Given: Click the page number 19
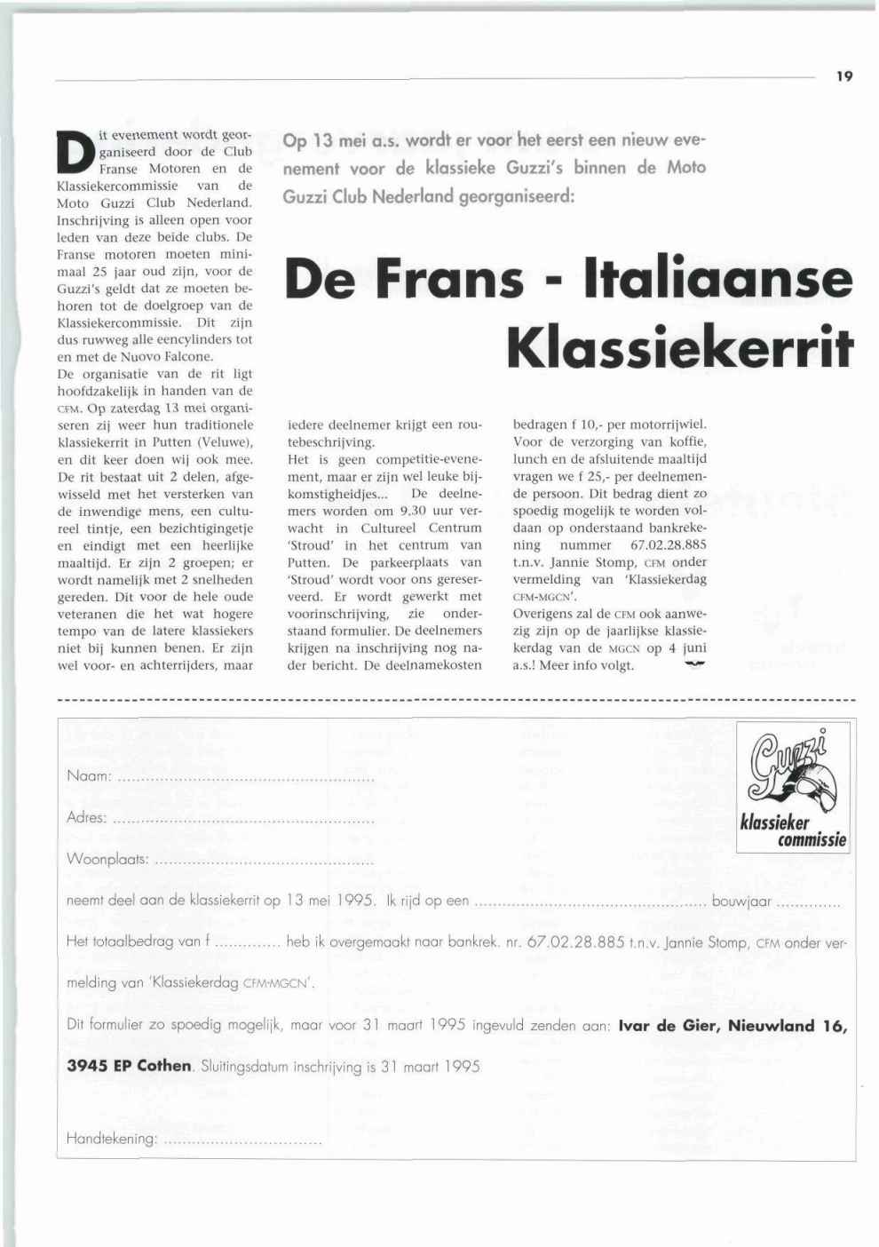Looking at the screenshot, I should tap(843, 76).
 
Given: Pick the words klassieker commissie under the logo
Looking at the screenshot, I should tap(793, 831).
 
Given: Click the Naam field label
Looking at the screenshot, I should tap(88, 775).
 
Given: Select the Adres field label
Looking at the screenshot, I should tap(86, 817).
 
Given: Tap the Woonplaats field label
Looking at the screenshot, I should tap(107, 860).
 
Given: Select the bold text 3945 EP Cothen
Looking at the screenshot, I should tap(129, 1066).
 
